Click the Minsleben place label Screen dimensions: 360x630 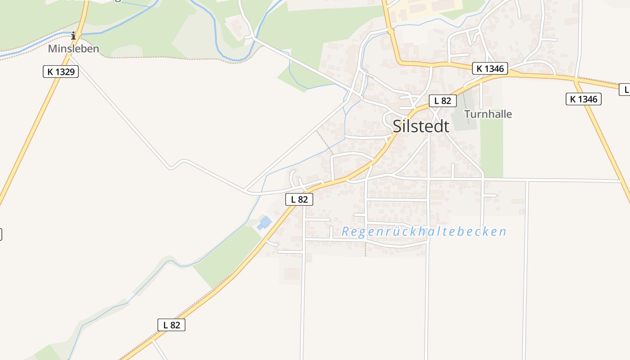(x=73, y=49)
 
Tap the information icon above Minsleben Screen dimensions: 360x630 (x=74, y=36)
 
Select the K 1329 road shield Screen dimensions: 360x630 (x=61, y=71)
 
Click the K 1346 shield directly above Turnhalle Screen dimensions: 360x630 (x=490, y=68)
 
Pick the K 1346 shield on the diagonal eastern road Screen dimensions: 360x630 (x=583, y=99)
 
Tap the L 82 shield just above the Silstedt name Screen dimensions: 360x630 (x=442, y=101)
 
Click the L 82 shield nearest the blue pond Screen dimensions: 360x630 (x=299, y=199)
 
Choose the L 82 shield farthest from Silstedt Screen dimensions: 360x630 (x=171, y=325)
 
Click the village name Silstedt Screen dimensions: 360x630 (x=421, y=126)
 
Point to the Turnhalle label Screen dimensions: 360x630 (x=488, y=114)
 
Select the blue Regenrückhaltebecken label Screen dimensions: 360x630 (x=424, y=232)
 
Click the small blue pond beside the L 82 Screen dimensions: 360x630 (x=264, y=222)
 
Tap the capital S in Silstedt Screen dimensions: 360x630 (x=398, y=126)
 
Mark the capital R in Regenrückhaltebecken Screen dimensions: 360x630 (x=346, y=232)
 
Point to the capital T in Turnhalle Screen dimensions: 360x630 (x=467, y=114)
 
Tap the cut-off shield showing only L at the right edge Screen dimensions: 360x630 (x=625, y=90)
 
